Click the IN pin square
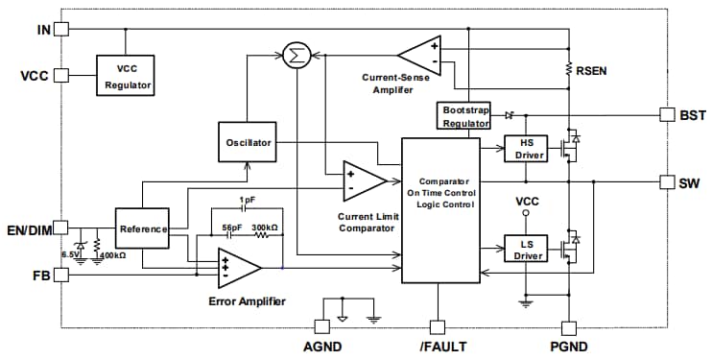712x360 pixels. pos(61,30)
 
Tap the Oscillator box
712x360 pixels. pos(246,143)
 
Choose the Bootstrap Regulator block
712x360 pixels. pos(465,116)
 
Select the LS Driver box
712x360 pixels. pos(524,251)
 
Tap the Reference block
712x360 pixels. pos(141,228)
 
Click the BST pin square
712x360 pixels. pos(668,114)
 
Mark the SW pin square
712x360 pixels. pos(668,182)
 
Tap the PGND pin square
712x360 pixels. pos(569,326)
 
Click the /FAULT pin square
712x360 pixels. pos(438,326)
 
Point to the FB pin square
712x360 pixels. pos(61,276)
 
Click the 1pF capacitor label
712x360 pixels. pos(249,200)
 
